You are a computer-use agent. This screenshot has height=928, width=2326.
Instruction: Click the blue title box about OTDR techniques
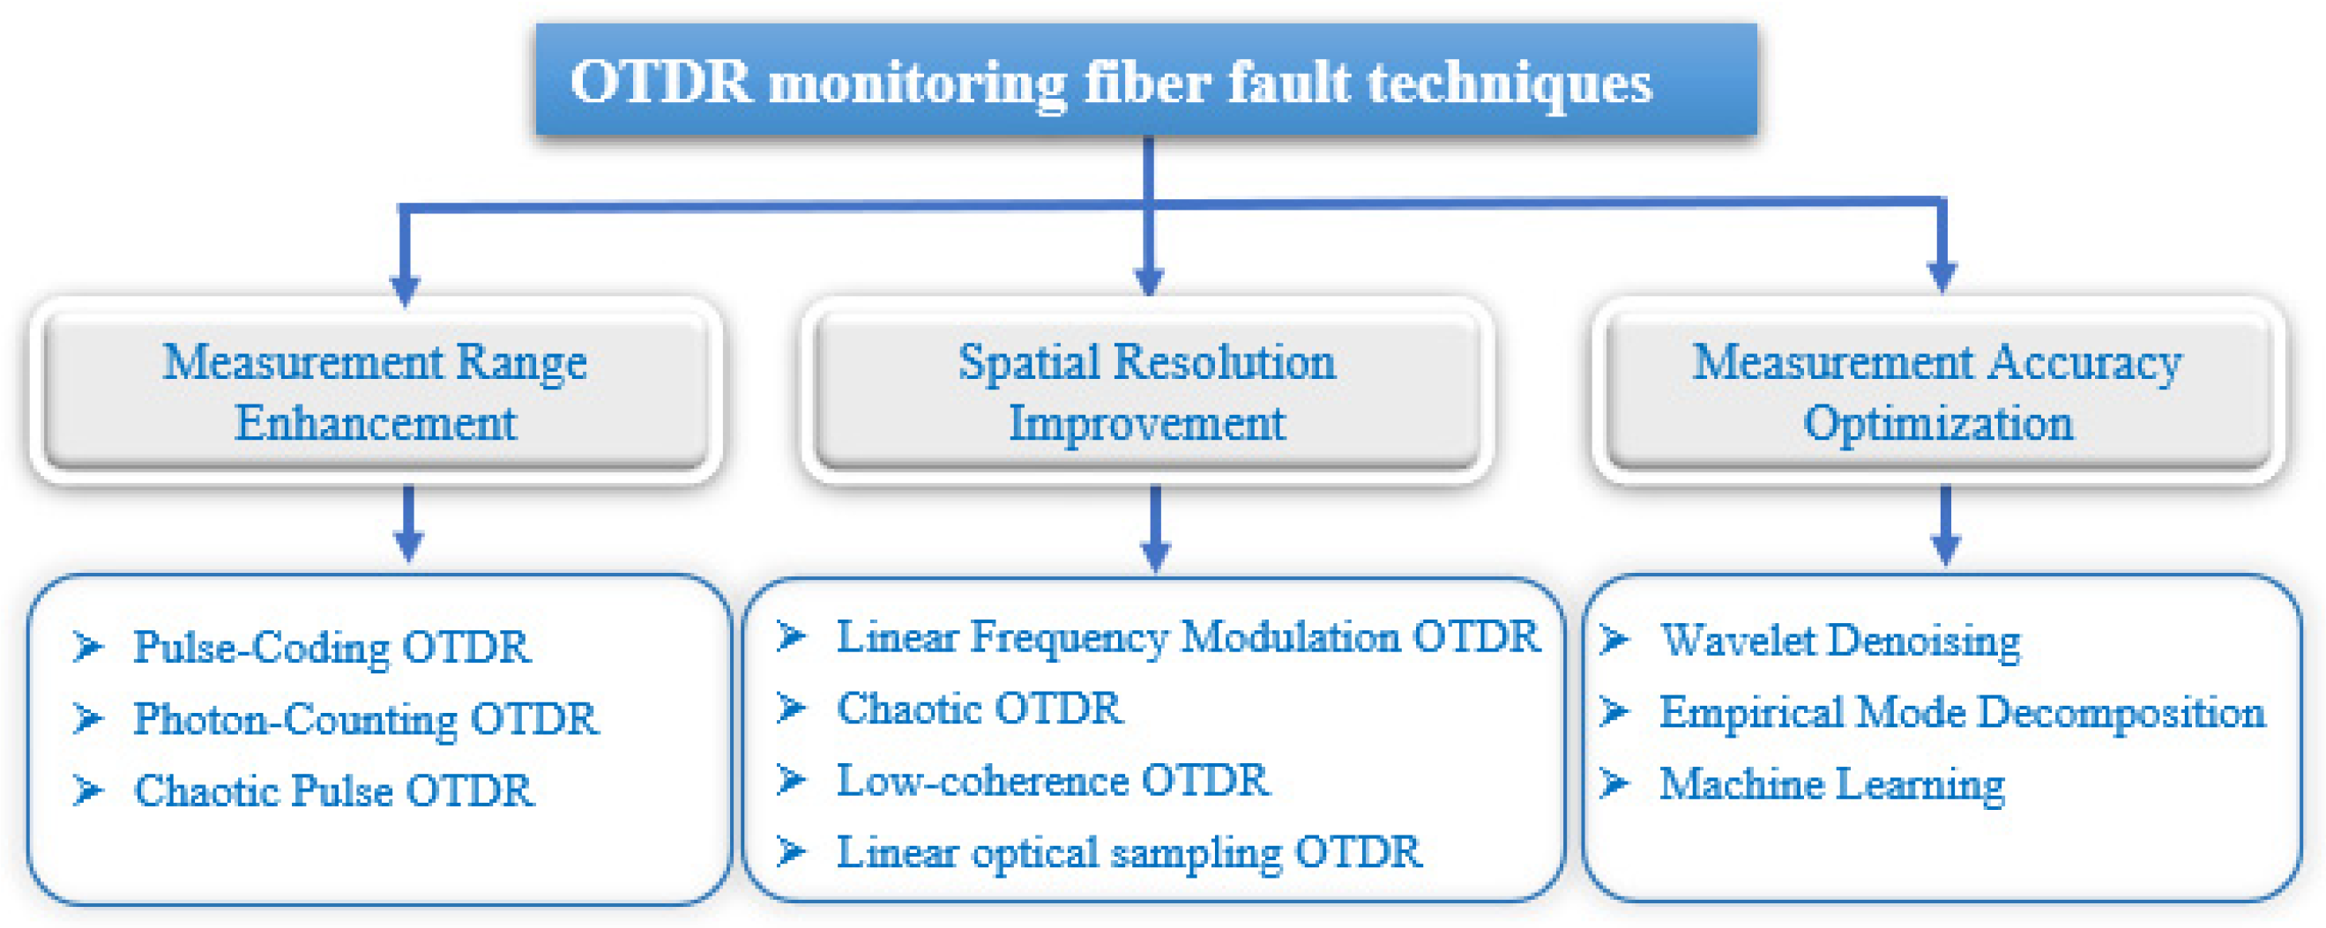pyautogui.click(x=1147, y=79)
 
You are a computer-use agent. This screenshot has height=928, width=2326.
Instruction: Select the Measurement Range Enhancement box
pyautogui.click(x=375, y=391)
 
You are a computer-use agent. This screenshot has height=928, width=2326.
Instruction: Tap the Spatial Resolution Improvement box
pyautogui.click(x=1147, y=391)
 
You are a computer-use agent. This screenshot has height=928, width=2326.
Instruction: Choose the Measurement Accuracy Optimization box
pyautogui.click(x=1938, y=391)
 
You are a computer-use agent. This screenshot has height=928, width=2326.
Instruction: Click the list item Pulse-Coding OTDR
pyautogui.click(x=332, y=646)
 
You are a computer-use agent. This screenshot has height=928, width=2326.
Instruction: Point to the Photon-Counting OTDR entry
pyautogui.click(x=366, y=718)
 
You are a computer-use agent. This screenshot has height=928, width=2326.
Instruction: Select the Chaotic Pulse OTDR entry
pyautogui.click(x=333, y=791)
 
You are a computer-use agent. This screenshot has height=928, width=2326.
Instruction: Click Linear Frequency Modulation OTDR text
pyautogui.click(x=1188, y=636)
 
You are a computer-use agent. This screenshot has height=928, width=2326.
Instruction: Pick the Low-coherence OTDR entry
pyautogui.click(x=1053, y=780)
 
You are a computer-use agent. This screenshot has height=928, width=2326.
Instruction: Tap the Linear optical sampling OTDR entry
pyautogui.click(x=1129, y=852)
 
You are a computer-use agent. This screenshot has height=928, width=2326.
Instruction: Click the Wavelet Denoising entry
pyautogui.click(x=1839, y=641)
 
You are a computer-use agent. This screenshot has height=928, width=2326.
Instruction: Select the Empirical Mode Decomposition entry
pyautogui.click(x=1961, y=712)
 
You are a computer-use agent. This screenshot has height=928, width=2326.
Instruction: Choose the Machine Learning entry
pyautogui.click(x=1831, y=783)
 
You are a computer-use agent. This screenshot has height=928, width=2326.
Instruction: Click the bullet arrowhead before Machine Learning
pyautogui.click(x=1614, y=783)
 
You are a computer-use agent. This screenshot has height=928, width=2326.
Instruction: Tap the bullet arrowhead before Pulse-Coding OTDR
pyautogui.click(x=87, y=646)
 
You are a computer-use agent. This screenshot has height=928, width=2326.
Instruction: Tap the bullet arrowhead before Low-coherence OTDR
pyautogui.click(x=791, y=779)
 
